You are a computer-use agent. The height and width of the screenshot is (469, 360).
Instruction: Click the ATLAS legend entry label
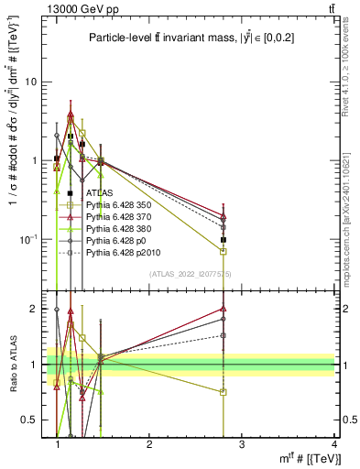click(x=99, y=193)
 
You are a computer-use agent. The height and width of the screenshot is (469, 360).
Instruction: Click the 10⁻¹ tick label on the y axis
click(x=32, y=239)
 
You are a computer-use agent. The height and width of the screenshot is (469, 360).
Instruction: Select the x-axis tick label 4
click(x=334, y=443)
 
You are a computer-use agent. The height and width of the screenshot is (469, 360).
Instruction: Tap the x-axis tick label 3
click(x=242, y=443)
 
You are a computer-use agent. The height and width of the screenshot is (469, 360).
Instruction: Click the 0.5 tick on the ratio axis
click(x=35, y=420)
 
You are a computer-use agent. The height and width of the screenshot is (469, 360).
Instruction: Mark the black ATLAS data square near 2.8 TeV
click(x=224, y=239)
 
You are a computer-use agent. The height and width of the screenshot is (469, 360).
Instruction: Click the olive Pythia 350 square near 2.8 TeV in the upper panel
click(x=224, y=251)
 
